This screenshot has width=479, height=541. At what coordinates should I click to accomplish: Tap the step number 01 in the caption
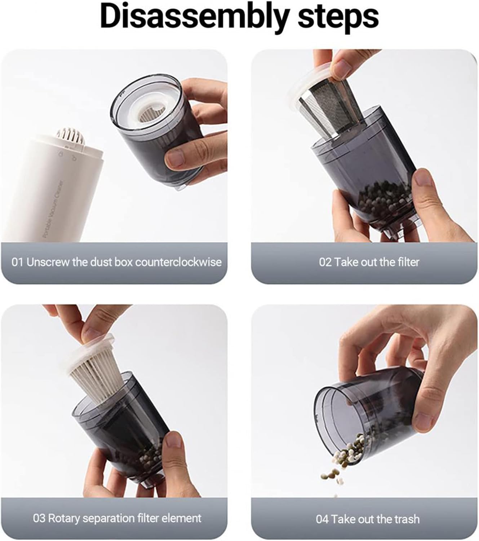coord(17,262)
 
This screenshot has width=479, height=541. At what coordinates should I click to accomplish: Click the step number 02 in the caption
coord(325,262)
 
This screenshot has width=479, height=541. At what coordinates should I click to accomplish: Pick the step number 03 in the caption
coord(39,519)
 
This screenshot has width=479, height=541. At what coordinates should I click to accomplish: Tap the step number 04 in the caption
coord(322,519)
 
